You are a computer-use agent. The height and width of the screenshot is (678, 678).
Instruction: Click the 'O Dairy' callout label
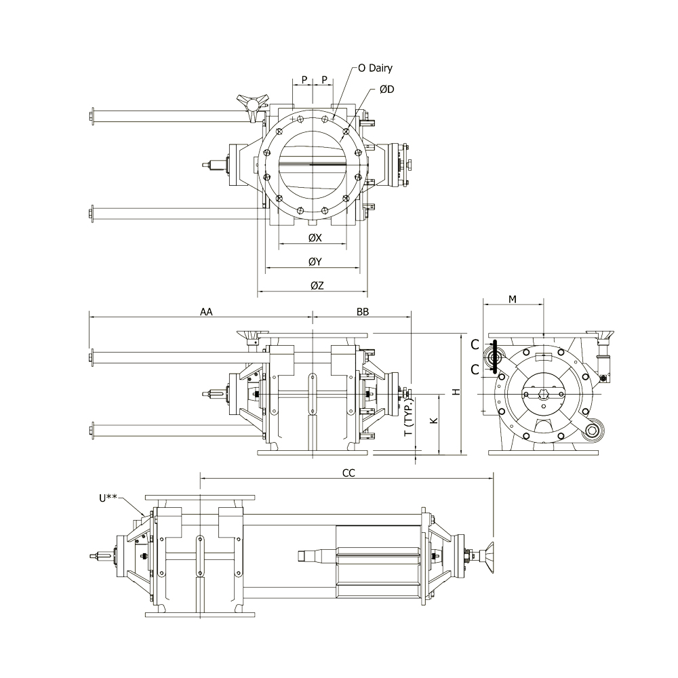pos(376,68)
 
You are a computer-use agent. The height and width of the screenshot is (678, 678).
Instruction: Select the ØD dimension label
pos(387,89)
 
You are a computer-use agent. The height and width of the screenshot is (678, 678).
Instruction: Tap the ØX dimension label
pos(315,238)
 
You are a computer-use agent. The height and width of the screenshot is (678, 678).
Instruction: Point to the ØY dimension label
pos(315,262)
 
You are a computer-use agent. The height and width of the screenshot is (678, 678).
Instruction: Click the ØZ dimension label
pos(317,285)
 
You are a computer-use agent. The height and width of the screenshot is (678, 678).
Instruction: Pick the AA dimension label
pos(206,312)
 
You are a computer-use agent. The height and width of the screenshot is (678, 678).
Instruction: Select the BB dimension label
pos(363,312)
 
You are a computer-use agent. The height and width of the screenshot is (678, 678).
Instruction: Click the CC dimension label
pos(348,473)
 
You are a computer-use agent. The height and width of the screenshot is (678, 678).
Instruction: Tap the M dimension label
pos(513,299)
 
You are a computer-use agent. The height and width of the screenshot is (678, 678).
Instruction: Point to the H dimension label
pos(456,392)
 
